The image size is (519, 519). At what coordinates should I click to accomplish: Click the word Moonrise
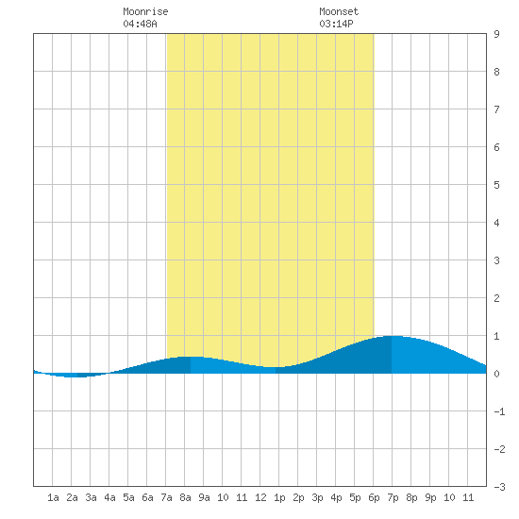(145, 11)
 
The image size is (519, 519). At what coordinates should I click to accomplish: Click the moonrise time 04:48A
(140, 24)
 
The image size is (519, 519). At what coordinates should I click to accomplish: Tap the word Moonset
(339, 11)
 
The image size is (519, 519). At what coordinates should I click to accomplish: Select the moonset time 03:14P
(336, 24)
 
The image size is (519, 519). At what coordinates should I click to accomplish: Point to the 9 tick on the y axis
(496, 34)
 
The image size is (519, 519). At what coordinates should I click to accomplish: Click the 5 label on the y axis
(496, 185)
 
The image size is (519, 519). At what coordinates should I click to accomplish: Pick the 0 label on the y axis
(496, 374)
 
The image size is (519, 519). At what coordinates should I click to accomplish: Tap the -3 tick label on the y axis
(499, 487)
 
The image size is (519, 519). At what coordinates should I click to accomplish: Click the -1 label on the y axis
(499, 411)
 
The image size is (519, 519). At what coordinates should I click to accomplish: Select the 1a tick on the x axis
(53, 497)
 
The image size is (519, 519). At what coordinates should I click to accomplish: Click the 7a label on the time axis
(166, 497)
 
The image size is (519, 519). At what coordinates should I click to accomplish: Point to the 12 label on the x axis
(260, 497)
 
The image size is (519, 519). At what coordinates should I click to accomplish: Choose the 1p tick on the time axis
(279, 497)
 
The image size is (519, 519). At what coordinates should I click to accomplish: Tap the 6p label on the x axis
(374, 497)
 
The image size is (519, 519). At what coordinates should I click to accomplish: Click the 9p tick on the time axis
(430, 497)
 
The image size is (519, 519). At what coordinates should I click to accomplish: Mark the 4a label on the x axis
(109, 497)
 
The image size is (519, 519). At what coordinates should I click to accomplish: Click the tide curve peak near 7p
(392, 336)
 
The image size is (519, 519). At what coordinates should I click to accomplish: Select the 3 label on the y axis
(496, 260)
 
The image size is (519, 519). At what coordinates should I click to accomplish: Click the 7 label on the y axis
(496, 109)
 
